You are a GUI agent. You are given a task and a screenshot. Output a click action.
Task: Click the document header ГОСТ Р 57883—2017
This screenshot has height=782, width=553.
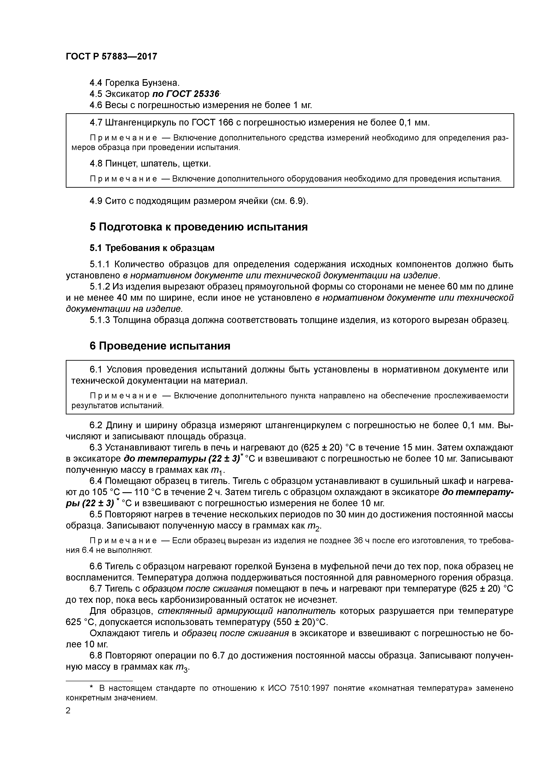[x=111, y=57]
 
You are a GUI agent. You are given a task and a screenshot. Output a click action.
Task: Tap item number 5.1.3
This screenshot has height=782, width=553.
[x=100, y=320]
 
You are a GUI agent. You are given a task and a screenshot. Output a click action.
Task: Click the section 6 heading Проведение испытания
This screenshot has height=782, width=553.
[x=160, y=346]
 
